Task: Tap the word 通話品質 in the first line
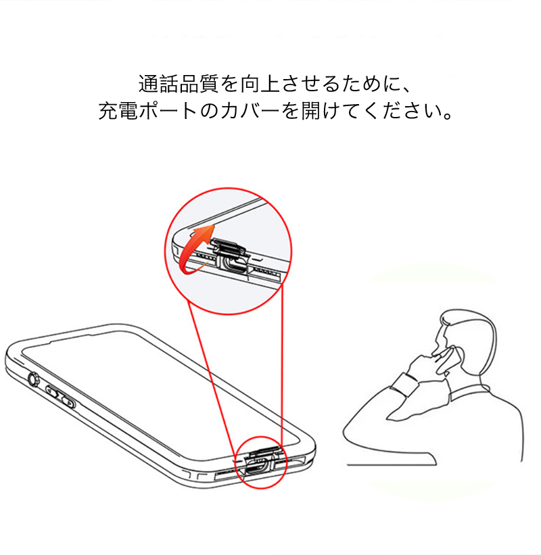click(x=179, y=84)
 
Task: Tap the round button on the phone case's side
click(x=33, y=379)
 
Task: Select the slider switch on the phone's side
click(x=61, y=397)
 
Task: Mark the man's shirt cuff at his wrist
click(x=404, y=385)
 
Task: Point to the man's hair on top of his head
click(x=467, y=318)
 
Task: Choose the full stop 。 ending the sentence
click(x=448, y=116)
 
